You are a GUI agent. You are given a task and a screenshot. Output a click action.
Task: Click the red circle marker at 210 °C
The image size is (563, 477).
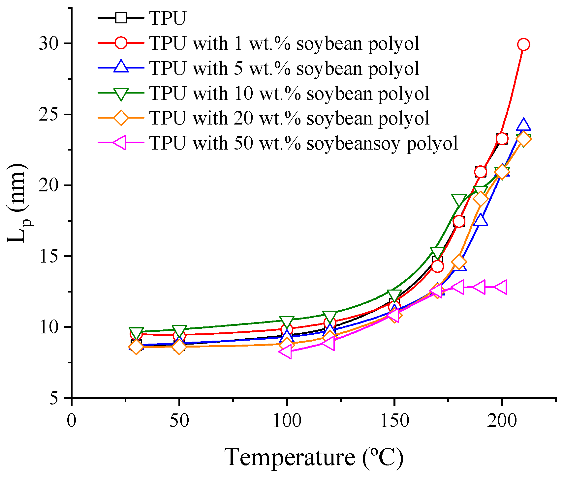coord(523,44)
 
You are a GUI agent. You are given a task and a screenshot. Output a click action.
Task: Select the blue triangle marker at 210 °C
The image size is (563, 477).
coord(523,126)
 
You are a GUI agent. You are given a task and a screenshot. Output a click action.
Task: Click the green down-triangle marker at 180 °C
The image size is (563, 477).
coord(459,200)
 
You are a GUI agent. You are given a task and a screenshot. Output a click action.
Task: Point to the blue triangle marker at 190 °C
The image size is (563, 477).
coord(480,220)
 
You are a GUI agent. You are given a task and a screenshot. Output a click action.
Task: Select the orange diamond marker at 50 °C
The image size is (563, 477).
coord(179,347)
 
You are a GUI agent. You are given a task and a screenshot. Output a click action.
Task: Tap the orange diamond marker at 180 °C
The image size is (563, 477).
coord(459,262)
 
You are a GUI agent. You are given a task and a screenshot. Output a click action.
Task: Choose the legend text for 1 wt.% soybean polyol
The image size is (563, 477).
coord(284,43)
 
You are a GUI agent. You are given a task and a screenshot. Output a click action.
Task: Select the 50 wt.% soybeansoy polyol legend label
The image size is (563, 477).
coord(303,143)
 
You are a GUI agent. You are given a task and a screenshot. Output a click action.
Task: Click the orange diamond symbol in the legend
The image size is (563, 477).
coord(121,118)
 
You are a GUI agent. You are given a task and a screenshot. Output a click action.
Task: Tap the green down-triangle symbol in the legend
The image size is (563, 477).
coord(121,94)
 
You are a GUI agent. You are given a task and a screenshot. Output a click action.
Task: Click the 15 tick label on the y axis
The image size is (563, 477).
coord(49,256)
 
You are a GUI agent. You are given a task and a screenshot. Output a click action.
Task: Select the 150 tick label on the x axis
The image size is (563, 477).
coord(394,421)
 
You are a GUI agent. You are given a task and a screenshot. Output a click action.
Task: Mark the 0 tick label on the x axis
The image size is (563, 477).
coord(72,421)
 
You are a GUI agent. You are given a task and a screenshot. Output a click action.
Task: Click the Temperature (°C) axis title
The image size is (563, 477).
coord(314,457)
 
